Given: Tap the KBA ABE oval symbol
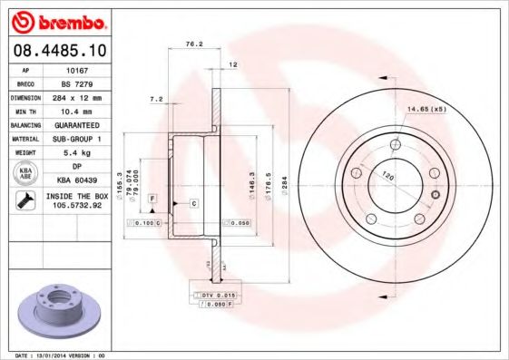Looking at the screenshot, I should click(25, 172).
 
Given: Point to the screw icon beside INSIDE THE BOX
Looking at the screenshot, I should click(25, 200).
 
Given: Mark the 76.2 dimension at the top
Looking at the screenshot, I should click(193, 43).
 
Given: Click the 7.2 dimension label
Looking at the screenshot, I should click(156, 97).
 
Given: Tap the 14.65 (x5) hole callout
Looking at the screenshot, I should click(426, 110).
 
